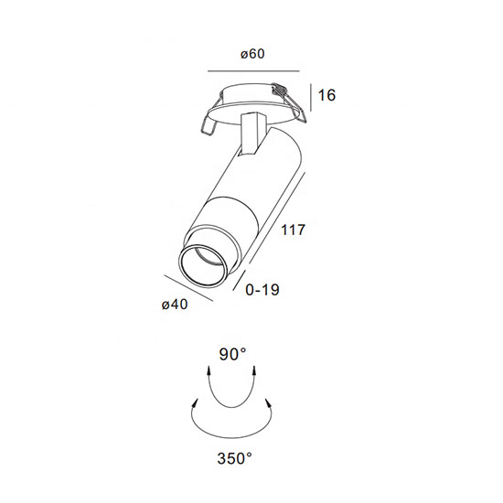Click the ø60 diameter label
[252, 54]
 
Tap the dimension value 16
[326, 95]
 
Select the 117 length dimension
[293, 230]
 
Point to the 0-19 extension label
[262, 290]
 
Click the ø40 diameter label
[175, 305]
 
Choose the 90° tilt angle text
[233, 355]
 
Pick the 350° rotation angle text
[234, 458]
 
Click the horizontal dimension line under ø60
[253, 71]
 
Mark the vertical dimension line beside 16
[311, 98]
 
